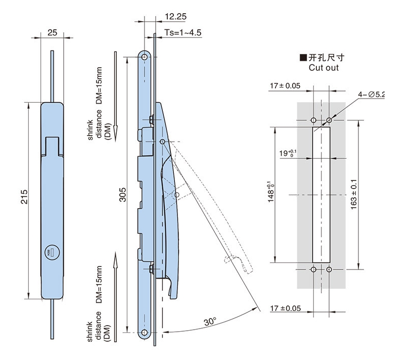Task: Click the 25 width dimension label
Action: (52, 32)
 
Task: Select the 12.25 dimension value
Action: (175, 17)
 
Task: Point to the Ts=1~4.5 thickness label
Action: (183, 33)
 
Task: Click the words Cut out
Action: (323, 68)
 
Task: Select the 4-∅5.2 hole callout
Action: (372, 94)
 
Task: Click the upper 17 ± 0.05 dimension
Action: (285, 86)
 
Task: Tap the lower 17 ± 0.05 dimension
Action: (285, 307)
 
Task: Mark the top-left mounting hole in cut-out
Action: (313, 120)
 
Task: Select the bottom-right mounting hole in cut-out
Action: (329, 270)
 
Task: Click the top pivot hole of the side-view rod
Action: (145, 57)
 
